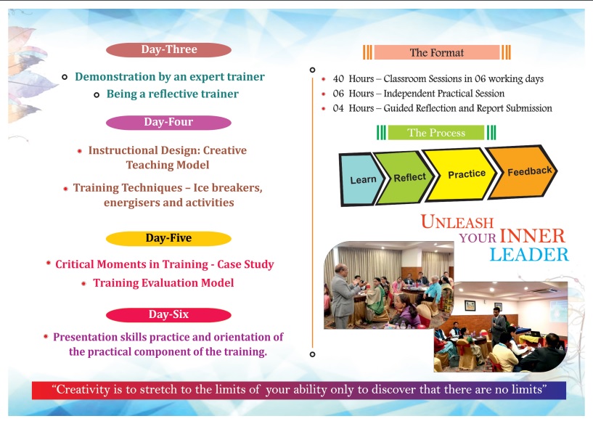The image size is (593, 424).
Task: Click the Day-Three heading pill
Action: pos(168,49)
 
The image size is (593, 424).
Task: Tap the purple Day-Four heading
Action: pos(168,122)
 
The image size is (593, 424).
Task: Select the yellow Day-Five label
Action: pos(168,238)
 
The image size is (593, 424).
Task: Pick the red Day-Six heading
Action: pos(168,314)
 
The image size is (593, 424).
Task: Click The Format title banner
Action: pos(437,52)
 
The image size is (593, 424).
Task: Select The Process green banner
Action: pos(436,132)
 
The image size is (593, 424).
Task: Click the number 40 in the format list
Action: pos(338,78)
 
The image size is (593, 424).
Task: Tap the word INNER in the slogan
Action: pos(532,236)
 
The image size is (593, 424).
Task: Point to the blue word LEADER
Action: pos(529,255)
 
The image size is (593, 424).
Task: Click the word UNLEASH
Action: pos(457,221)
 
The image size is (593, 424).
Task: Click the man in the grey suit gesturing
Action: pos(343,295)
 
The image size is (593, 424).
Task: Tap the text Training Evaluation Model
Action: pos(163,283)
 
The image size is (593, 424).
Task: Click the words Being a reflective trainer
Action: pos(173,94)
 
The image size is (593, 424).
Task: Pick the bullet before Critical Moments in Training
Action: pos(49,263)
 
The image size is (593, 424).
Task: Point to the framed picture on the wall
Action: pos(470,305)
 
